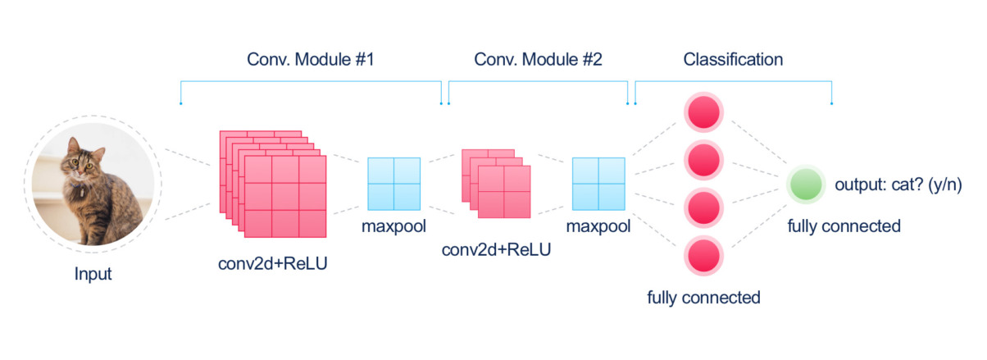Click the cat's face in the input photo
coord(82,159)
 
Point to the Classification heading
coord(733,61)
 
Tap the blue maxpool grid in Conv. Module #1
coord(393,184)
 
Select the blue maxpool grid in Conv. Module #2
coord(598,184)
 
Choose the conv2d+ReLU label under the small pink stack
coord(496,248)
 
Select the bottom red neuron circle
coord(703,256)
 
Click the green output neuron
coord(806,185)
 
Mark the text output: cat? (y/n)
coord(898,185)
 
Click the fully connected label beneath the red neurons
coord(703,297)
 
